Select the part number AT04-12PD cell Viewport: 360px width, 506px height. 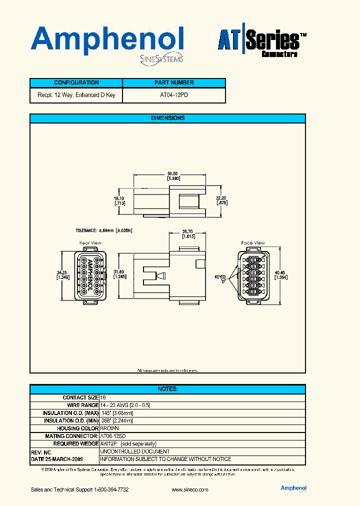click(x=174, y=95)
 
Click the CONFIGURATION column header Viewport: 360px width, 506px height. click(x=76, y=83)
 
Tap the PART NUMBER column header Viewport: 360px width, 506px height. click(x=174, y=83)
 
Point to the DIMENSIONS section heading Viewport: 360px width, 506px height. click(x=167, y=118)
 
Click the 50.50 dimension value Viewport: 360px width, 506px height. click(x=173, y=175)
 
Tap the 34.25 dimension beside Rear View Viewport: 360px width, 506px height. click(x=62, y=274)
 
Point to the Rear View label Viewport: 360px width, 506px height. click(x=90, y=243)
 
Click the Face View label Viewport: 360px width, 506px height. click(x=253, y=243)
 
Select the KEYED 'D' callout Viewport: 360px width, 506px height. click(x=220, y=278)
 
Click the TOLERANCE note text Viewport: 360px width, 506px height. click(x=103, y=230)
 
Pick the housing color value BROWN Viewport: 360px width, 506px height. click(x=109, y=428)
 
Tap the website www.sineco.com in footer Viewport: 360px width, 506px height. click(x=189, y=490)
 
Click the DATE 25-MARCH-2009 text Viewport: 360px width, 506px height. click(x=57, y=459)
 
